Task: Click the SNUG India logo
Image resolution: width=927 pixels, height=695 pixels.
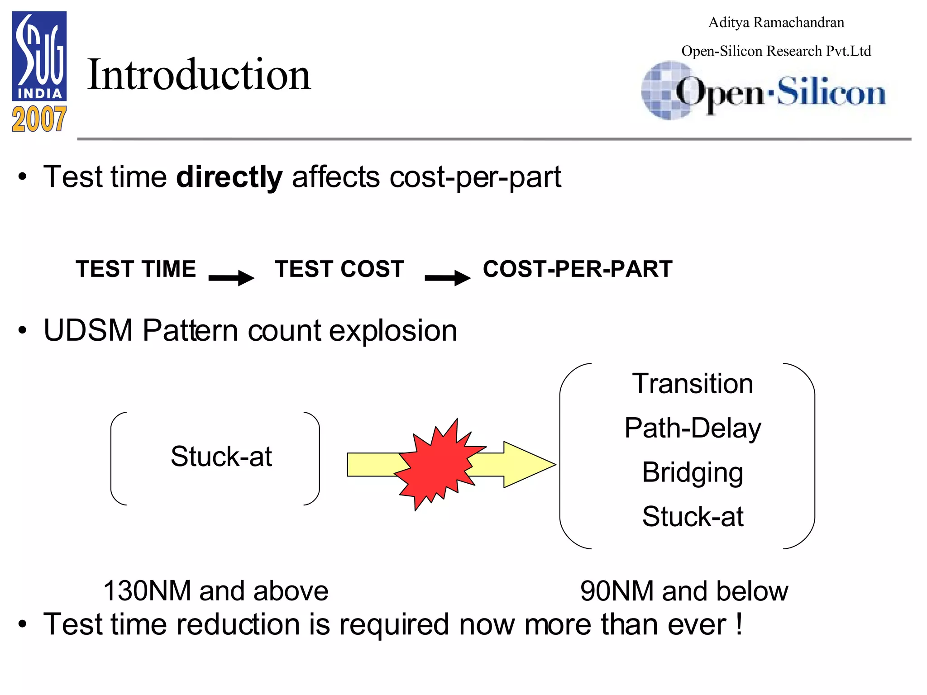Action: [39, 56]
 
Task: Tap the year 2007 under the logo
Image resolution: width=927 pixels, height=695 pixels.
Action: [39, 119]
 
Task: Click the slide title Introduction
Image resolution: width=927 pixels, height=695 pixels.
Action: [199, 75]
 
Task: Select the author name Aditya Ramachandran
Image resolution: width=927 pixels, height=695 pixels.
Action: [776, 22]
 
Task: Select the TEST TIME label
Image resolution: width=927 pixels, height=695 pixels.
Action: [136, 269]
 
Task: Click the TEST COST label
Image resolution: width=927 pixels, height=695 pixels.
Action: [339, 269]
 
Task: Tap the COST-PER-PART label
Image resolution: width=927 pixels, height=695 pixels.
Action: [578, 269]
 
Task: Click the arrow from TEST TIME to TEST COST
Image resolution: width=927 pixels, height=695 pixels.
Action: [231, 277]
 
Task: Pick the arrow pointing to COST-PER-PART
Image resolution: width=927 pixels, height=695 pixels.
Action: [448, 277]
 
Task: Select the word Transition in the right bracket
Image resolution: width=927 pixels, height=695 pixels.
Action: [692, 384]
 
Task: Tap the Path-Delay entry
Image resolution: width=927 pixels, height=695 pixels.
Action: [692, 428]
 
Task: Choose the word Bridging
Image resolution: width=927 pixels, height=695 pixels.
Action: [692, 472]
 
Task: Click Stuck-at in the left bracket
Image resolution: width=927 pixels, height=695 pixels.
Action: [221, 456]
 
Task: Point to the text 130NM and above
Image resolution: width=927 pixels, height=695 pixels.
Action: [215, 591]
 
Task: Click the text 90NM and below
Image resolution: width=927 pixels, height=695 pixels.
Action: [684, 591]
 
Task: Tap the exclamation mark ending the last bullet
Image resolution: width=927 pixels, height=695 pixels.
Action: [739, 624]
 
